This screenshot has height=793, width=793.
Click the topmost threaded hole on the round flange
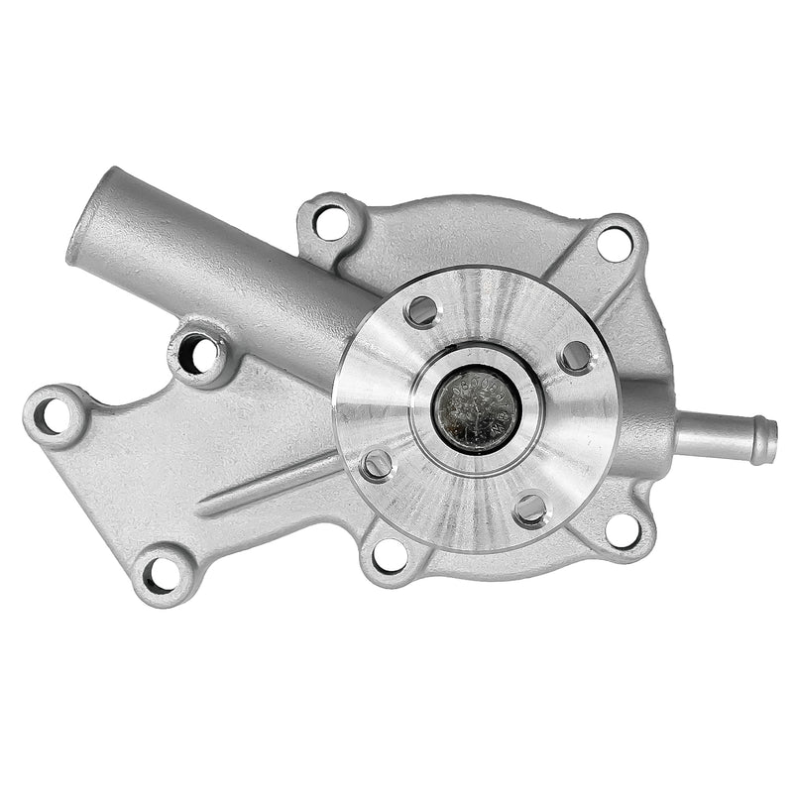[x=422, y=311]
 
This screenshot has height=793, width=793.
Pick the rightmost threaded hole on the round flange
[x=575, y=357]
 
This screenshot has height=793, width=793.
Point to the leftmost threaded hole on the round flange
[x=377, y=463]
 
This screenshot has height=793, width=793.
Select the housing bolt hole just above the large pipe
[x=331, y=220]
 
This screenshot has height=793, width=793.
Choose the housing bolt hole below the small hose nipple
[x=623, y=529]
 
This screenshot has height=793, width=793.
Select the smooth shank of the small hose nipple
[x=709, y=432]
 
